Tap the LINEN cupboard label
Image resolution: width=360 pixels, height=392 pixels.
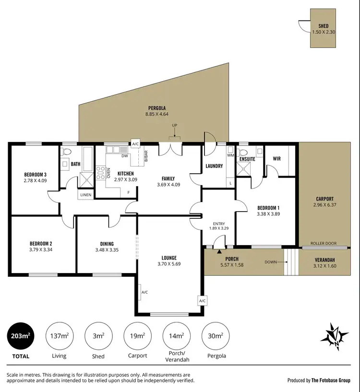click(85, 195)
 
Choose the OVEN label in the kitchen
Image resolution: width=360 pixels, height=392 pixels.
click(108, 173)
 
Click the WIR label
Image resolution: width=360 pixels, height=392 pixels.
click(276, 158)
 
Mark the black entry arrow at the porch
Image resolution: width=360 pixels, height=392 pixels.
click(220, 250)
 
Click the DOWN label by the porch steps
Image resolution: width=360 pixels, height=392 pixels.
click(271, 262)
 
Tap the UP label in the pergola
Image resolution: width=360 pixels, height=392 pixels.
click(175, 126)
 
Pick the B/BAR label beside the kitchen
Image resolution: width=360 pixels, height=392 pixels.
click(144, 156)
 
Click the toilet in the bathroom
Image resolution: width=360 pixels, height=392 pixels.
click(67, 153)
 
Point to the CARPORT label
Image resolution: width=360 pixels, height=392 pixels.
click(324, 199)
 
